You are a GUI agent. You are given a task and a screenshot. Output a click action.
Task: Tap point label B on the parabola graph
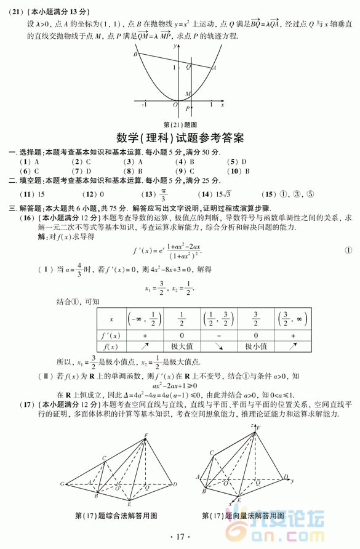click(135, 55)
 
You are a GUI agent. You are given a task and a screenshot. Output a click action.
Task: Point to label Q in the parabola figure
click(188, 66)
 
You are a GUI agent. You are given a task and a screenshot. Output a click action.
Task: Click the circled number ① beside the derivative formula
click(348, 250)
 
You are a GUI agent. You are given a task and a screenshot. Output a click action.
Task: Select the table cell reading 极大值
click(181, 347)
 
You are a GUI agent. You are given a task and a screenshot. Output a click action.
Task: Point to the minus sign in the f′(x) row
click(218, 335)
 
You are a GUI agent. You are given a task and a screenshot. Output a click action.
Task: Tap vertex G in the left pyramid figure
click(62, 484)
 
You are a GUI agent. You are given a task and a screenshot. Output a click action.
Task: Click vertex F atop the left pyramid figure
click(146, 436)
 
